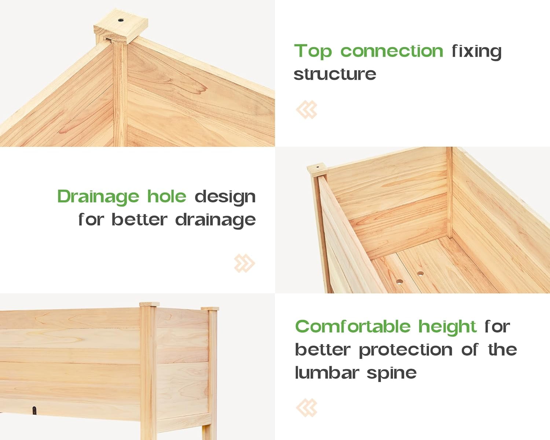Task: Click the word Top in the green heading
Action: coord(313,51)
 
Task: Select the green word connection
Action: coord(392,51)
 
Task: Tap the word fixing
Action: coord(476,51)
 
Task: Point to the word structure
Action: coord(335,74)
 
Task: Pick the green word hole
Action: coord(167,197)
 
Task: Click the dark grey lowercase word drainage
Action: coord(215,220)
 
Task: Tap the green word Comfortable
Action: coord(352,326)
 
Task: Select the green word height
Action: coord(447,326)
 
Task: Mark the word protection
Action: coord(406,349)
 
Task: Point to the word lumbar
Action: coord(327,373)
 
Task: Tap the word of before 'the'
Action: coord(469,349)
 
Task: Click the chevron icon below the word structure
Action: coord(307,110)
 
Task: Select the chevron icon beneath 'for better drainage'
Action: coord(244,263)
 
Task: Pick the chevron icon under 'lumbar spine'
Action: coord(307,408)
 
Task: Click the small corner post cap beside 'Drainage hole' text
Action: coord(317,169)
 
